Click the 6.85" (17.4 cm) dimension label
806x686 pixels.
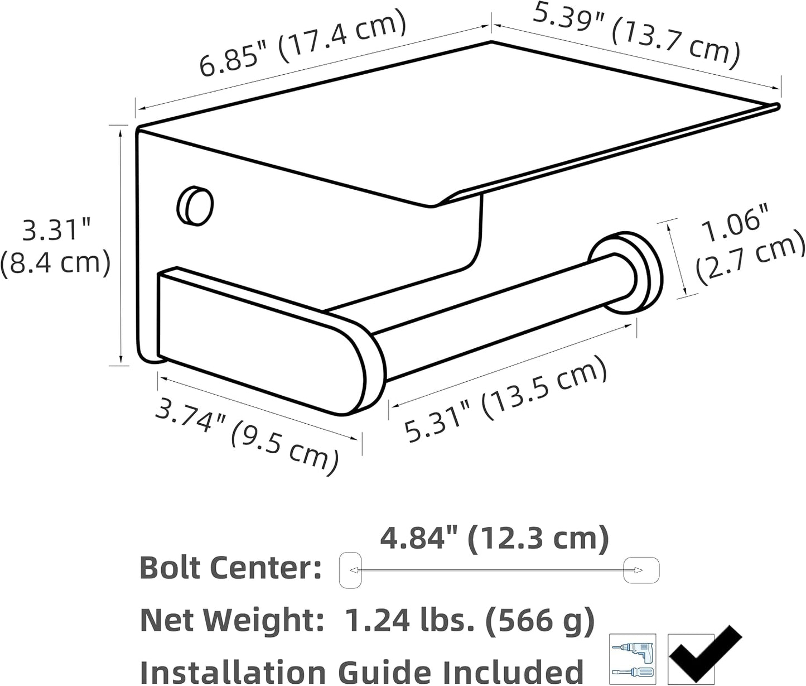click(x=302, y=42)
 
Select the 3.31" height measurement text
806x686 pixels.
click(x=56, y=230)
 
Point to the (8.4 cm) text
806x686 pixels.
click(x=56, y=263)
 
